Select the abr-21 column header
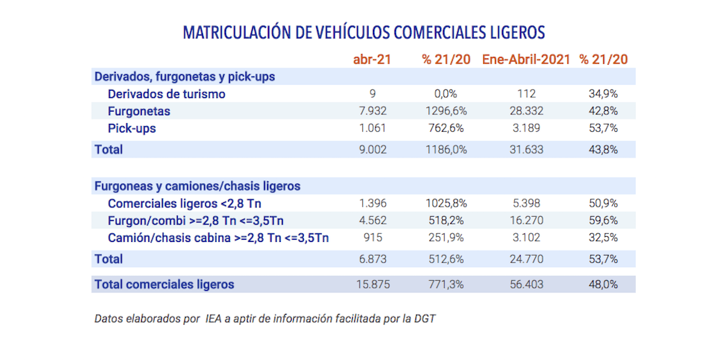(x=372, y=59)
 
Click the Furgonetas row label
(x=139, y=111)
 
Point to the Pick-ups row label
(x=132, y=129)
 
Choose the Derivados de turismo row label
(x=166, y=94)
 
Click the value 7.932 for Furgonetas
(x=372, y=111)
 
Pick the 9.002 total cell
(x=372, y=150)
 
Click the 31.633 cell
(x=525, y=150)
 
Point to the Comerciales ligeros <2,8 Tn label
(x=184, y=203)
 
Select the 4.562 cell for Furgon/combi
(x=372, y=220)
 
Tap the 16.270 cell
(x=525, y=220)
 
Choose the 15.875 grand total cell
(x=372, y=284)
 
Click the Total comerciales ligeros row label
(x=164, y=284)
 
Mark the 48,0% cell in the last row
(x=603, y=284)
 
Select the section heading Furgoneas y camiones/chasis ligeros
(x=197, y=186)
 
